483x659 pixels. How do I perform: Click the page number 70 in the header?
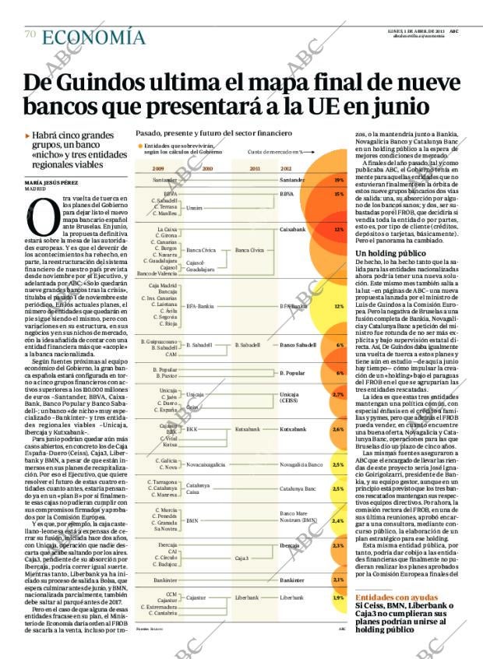point(30,33)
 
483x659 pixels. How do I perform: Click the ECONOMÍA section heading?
point(93,37)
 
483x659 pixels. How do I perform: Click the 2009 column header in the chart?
point(158,167)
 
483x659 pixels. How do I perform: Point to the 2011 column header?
point(254,167)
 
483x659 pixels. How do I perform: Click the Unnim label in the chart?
point(194,208)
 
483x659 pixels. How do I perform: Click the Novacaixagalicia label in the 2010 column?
point(206,464)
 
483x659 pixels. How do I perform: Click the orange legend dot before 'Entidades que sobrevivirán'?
point(140,146)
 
